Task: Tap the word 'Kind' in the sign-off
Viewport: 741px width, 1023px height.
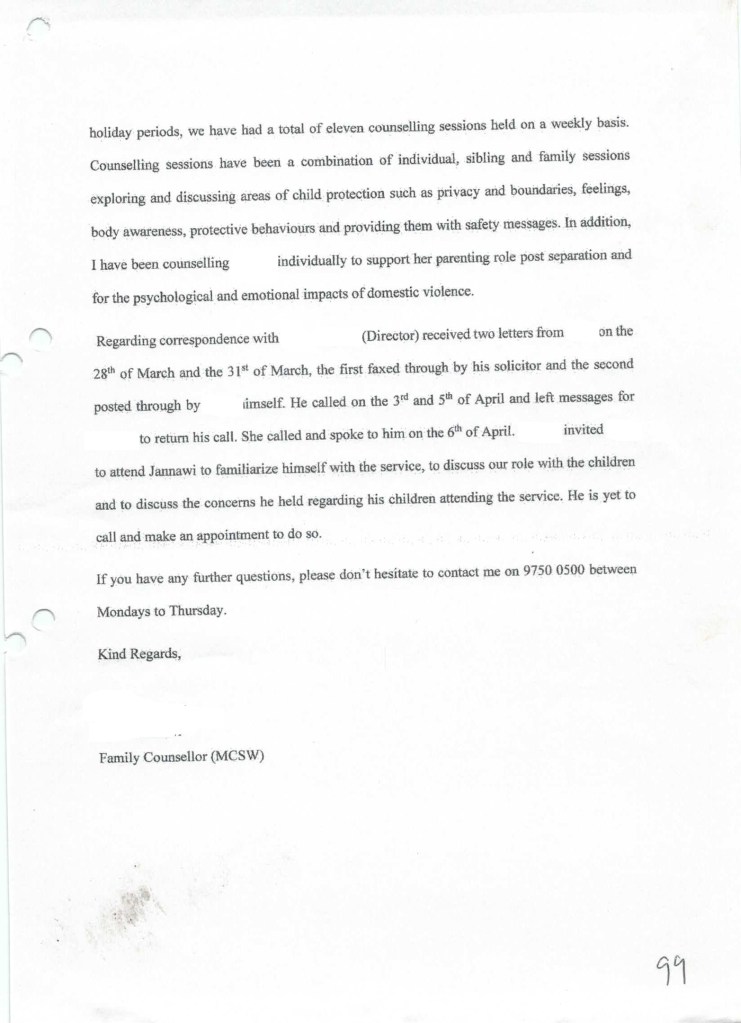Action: point(112,655)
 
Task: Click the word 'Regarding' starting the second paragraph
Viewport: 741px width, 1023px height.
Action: point(125,339)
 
